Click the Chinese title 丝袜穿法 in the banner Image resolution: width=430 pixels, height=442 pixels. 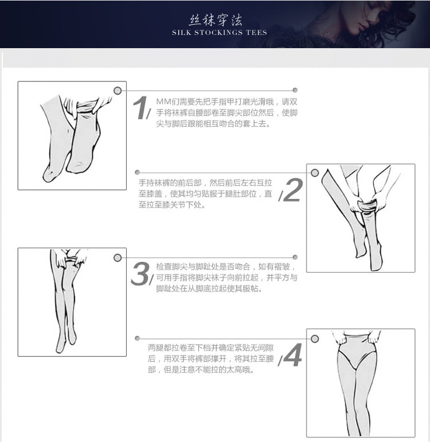click(216, 20)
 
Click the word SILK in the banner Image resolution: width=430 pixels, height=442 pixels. click(182, 33)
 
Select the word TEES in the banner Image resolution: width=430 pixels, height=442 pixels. click(256, 33)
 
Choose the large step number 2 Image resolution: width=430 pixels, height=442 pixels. click(293, 190)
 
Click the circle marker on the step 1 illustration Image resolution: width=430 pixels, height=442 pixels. click(118, 91)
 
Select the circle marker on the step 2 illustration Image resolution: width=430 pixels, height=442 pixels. click(315, 173)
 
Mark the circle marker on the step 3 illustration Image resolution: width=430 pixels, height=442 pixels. click(118, 257)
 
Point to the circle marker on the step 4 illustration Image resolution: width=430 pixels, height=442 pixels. click(315, 339)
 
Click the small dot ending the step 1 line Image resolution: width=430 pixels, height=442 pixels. click(295, 90)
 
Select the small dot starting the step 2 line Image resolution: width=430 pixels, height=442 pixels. click(138, 172)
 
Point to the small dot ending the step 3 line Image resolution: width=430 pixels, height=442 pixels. click(295, 257)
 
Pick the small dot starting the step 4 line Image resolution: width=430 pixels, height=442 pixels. click(138, 338)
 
